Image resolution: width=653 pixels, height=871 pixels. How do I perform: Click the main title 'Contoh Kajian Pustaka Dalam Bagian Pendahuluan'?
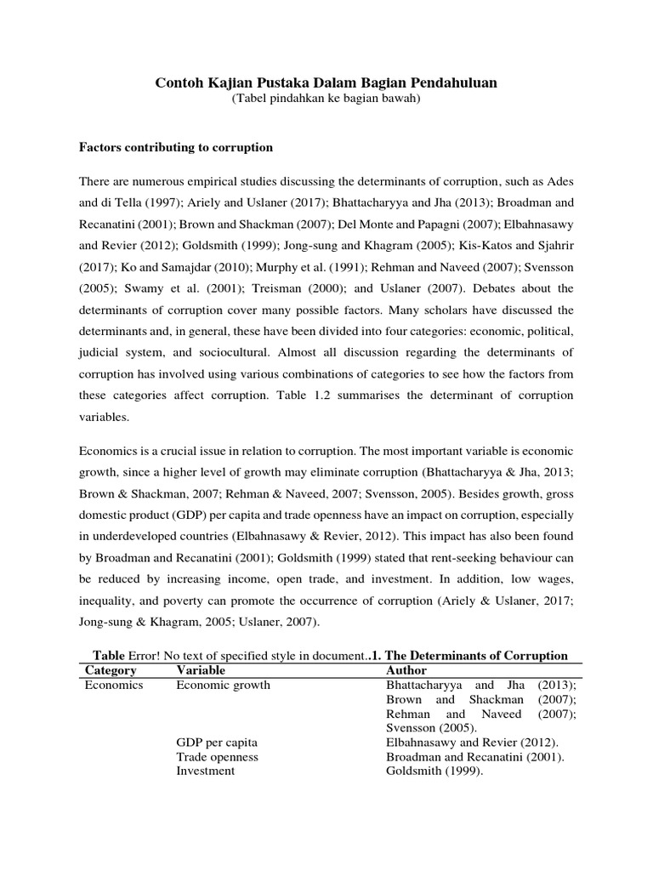coord(326,83)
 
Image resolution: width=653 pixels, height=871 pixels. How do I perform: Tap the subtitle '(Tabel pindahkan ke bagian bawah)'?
coord(326,100)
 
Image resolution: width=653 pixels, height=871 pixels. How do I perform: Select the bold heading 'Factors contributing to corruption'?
coord(176,147)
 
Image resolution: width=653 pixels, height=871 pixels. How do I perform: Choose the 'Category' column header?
coord(111,670)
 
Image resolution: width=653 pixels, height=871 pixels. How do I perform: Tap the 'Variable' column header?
coord(201,670)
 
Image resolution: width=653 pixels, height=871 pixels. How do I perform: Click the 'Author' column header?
coord(406,670)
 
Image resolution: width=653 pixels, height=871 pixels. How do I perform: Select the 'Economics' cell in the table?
coord(115,685)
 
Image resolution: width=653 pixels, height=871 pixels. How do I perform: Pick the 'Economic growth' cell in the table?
coord(223,685)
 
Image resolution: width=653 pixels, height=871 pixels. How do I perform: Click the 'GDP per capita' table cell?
coord(216,743)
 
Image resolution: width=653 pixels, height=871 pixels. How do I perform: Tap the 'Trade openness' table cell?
coord(217,757)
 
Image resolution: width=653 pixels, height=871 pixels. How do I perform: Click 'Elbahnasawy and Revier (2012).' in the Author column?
coord(470,743)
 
